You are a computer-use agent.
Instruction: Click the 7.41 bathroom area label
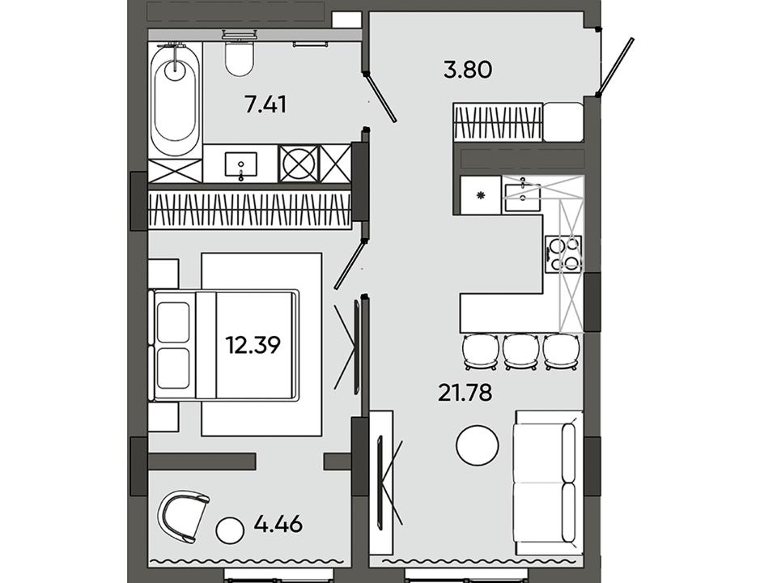tap(265, 105)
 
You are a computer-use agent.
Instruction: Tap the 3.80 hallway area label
tap(468, 70)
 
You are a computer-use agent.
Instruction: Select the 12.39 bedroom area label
tap(253, 345)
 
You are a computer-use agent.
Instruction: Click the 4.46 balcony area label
tap(278, 523)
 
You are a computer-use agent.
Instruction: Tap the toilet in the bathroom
tap(240, 57)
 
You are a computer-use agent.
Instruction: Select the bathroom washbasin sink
tap(241, 164)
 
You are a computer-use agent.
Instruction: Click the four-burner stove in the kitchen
tap(563, 253)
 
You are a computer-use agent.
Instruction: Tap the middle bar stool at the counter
tap(520, 351)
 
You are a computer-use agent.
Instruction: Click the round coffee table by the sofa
tap(478, 445)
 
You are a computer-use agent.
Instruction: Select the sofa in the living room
tap(549, 483)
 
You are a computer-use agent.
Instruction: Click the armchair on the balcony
tap(182, 516)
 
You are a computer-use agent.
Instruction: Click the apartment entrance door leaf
tap(616, 66)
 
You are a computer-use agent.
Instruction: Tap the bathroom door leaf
tap(380, 97)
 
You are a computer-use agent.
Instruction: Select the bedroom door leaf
tap(350, 264)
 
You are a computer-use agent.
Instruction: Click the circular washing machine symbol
tap(298, 164)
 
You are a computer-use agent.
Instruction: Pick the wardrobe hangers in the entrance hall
tap(498, 122)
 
